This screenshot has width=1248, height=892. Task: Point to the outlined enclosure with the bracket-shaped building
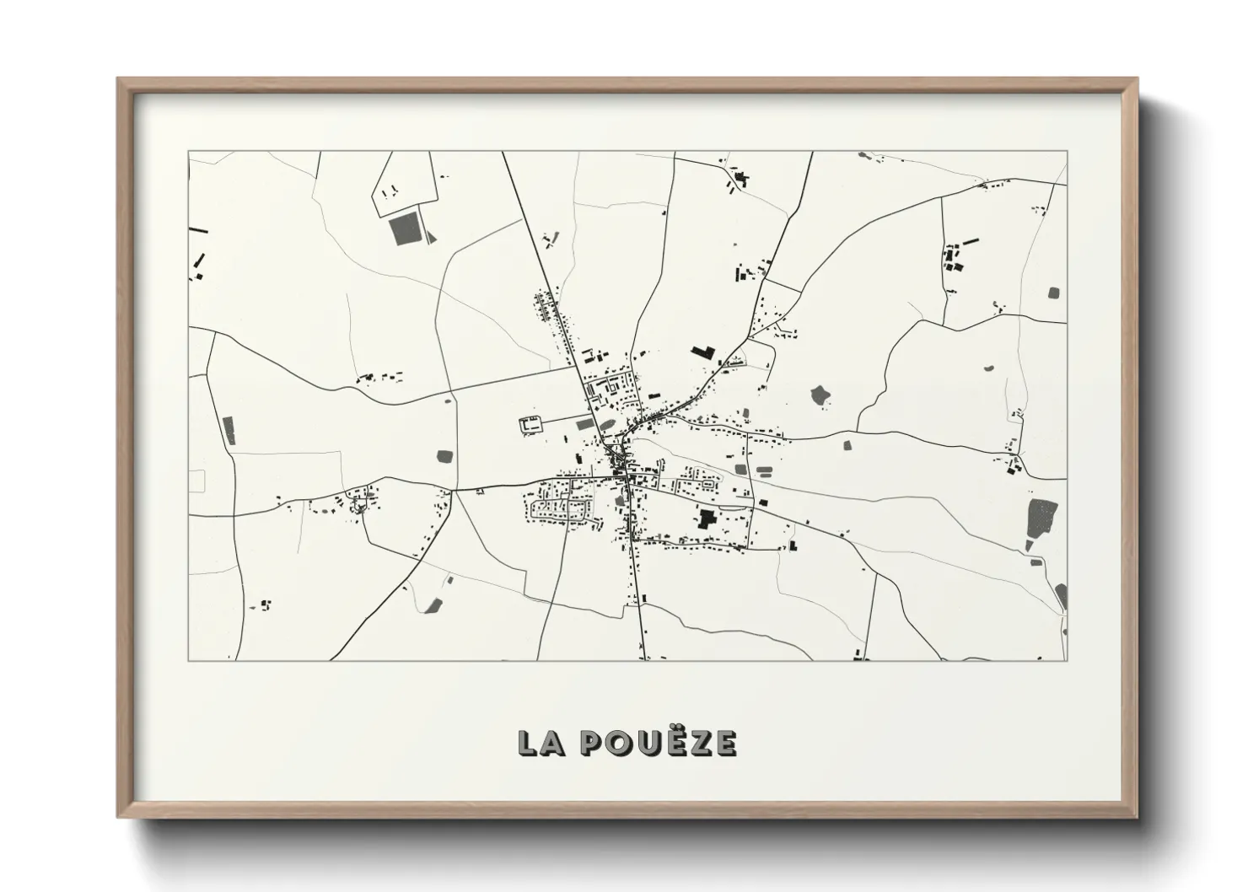(530, 425)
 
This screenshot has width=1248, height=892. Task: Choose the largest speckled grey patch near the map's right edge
(1042, 515)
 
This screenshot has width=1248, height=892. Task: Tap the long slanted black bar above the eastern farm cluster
(971, 241)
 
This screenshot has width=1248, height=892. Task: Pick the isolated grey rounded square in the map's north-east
(1053, 293)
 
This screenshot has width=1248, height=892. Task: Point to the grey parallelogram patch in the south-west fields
(435, 605)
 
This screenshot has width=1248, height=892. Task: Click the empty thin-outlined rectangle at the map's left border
(197, 481)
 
